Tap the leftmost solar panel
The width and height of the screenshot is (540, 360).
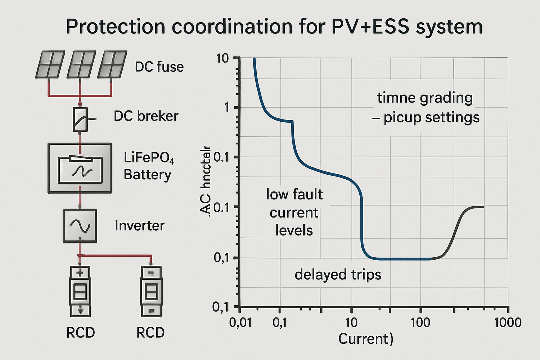tap(50, 64)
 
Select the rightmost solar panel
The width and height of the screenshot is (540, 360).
tap(112, 64)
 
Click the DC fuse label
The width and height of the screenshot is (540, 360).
tap(159, 67)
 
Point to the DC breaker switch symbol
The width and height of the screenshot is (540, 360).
tap(80, 119)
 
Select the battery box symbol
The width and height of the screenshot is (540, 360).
tap(80, 168)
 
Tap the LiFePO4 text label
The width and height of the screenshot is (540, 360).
tap(149, 158)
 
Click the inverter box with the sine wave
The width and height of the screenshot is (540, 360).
tap(80, 226)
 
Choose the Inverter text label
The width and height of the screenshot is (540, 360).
tap(140, 226)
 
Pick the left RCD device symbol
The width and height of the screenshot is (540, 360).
tap(80, 291)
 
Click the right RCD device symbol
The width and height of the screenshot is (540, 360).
tap(151, 291)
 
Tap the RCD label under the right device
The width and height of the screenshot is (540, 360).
tap(150, 333)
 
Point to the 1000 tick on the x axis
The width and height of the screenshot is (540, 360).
tap(508, 322)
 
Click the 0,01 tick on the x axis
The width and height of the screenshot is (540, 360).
tap(240, 322)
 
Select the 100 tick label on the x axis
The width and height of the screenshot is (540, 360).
tap(420, 322)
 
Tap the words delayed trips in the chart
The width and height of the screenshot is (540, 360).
tap(338, 275)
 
